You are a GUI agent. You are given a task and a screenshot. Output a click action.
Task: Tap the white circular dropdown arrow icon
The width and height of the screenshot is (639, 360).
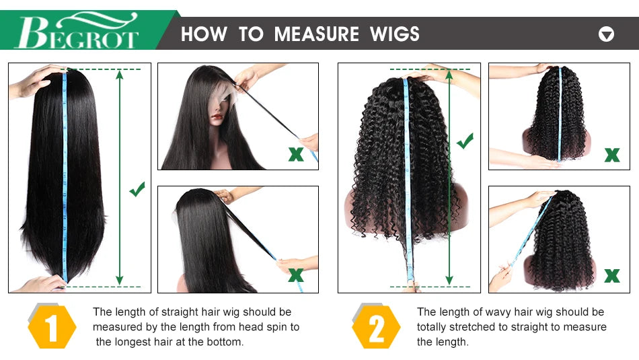point(606,34)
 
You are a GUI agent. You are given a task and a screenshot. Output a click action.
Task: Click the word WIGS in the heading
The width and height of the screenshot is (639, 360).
point(394,34)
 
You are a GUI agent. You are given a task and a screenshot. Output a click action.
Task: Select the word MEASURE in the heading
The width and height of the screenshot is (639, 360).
point(316,34)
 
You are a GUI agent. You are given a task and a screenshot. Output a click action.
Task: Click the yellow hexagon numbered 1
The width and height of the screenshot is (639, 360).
point(52,327)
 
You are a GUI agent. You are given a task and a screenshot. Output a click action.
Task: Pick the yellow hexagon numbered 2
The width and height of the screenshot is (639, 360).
point(376,327)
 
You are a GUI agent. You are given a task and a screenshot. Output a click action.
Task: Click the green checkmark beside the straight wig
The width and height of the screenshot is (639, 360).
point(137,189)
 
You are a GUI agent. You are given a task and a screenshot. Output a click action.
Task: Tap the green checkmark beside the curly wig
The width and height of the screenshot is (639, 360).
point(465,141)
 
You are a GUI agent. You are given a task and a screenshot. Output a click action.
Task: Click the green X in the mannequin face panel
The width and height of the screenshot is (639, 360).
point(296,154)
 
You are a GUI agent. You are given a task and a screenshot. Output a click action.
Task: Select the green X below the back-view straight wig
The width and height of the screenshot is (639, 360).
point(296,275)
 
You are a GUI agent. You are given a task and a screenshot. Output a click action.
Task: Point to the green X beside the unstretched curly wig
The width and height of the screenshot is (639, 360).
point(611,155)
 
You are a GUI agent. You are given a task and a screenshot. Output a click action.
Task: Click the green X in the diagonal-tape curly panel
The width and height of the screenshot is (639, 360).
point(611,276)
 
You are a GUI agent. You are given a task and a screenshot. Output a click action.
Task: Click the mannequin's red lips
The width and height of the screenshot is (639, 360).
point(217,117)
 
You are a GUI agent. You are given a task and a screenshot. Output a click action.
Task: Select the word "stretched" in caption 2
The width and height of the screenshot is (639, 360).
point(472,327)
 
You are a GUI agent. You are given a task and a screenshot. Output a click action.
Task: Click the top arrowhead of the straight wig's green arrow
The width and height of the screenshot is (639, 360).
point(120,74)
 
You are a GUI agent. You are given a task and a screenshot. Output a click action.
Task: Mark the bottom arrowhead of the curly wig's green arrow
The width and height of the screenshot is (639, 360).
point(449,280)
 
